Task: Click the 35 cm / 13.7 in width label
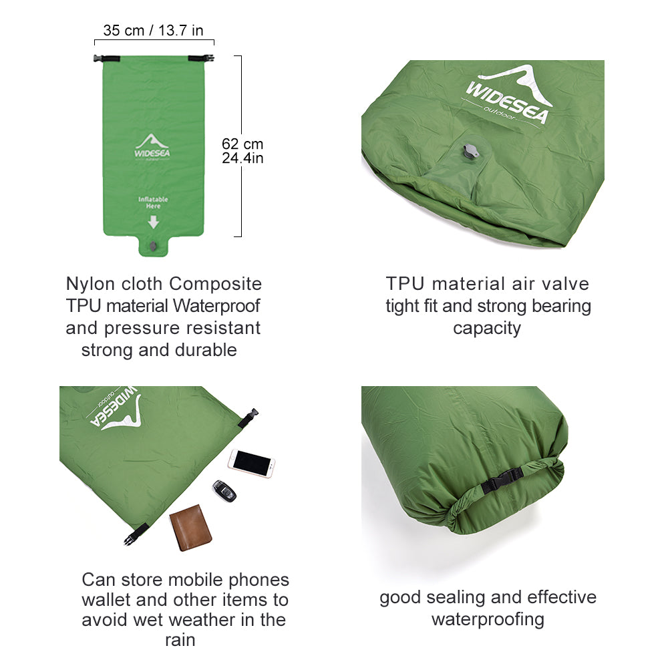[x=153, y=30]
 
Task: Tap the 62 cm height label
[x=242, y=144]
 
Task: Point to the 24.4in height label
[x=242, y=158]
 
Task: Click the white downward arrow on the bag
[x=153, y=222]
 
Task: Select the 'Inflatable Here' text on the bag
[x=153, y=202]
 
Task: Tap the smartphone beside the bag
[x=252, y=462]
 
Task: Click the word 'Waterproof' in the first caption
[x=217, y=306]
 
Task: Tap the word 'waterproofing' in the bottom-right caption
[x=488, y=619]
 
